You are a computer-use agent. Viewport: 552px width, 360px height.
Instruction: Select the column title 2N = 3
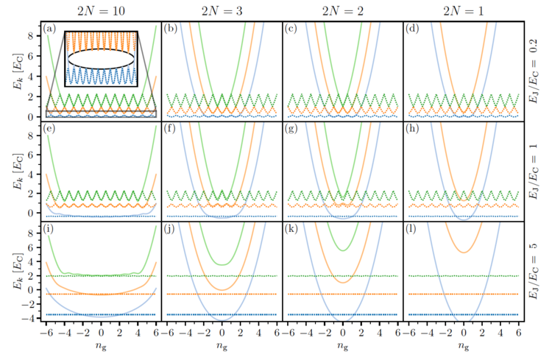[222, 10]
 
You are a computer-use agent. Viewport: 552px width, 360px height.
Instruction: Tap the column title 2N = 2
[342, 10]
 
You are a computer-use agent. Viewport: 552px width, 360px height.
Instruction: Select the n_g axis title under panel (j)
[222, 346]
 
